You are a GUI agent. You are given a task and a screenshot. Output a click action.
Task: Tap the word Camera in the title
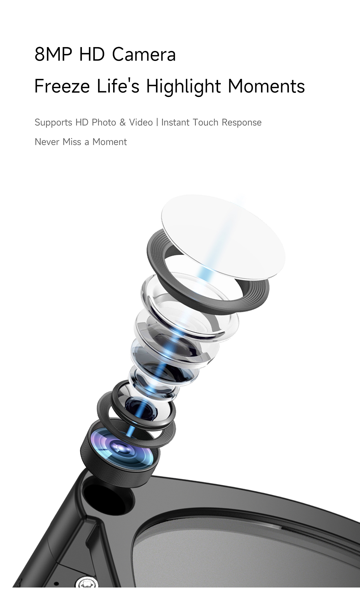point(144,54)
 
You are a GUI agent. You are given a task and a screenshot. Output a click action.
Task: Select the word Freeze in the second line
point(62,86)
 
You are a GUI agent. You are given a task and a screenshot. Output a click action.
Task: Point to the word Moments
point(266,86)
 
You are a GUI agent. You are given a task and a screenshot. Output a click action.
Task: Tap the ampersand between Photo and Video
point(122,122)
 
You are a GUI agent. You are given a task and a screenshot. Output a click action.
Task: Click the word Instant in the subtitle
point(175,122)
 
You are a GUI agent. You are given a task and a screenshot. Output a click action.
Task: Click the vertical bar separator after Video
point(157,122)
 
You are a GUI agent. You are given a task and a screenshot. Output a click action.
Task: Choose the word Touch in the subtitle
point(205,122)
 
